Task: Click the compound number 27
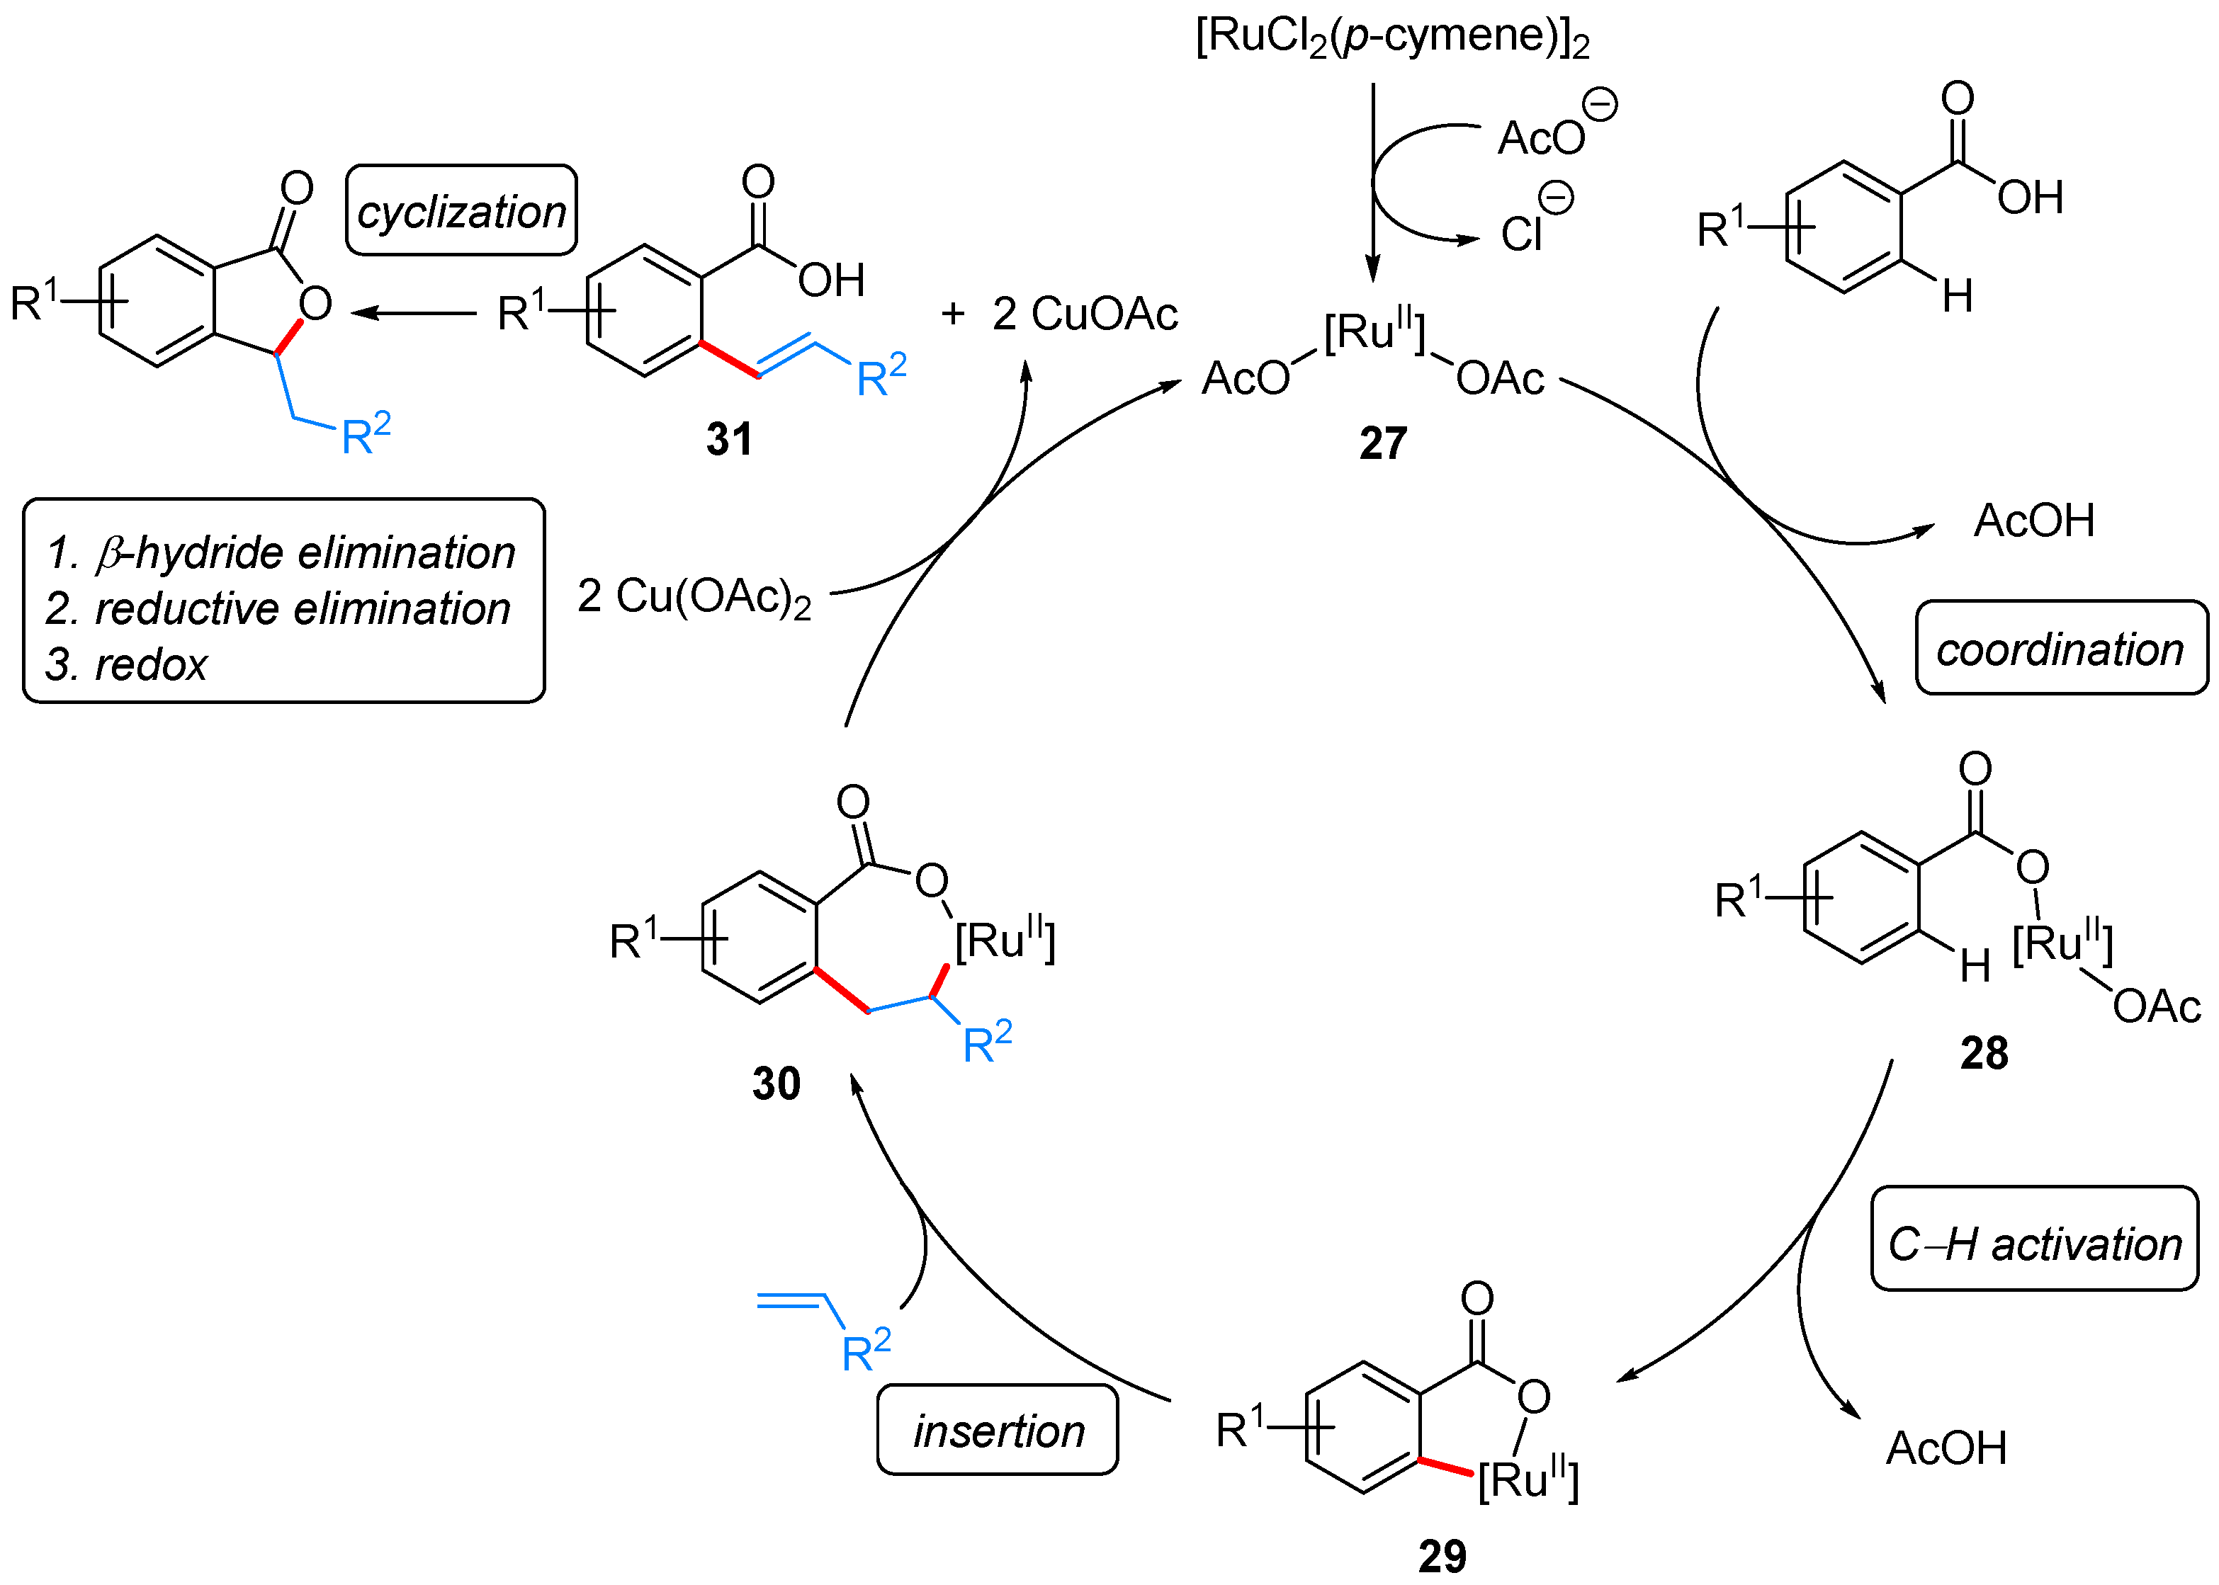[x=1382, y=443]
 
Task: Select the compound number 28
[x=1984, y=1053]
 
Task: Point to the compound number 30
[x=776, y=1084]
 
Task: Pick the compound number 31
[x=729, y=439]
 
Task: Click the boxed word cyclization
[x=461, y=211]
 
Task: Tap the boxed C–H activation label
[x=2035, y=1244]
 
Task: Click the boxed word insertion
[x=998, y=1431]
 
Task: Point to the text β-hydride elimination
[x=305, y=552]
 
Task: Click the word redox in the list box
[x=152, y=664]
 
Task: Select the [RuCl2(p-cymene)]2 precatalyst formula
[x=1392, y=36]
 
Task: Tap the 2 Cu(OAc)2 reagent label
[x=694, y=596]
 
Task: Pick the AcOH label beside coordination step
[x=2033, y=521]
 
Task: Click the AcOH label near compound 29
[x=1946, y=1448]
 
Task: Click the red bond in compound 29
[x=1447, y=1466]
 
